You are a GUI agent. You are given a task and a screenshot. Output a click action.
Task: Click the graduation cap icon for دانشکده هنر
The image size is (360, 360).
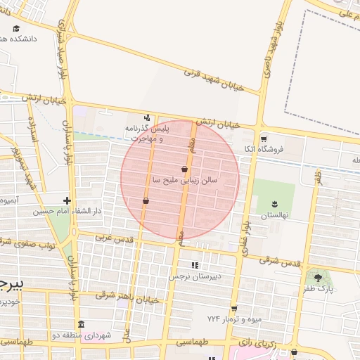(x=16, y=29)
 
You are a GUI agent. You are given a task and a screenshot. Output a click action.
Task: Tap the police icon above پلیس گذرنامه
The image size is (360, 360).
(x=147, y=118)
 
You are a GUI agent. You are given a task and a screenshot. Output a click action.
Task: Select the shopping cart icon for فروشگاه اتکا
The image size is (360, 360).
(x=264, y=139)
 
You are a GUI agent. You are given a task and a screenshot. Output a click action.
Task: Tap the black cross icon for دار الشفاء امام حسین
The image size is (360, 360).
(x=67, y=200)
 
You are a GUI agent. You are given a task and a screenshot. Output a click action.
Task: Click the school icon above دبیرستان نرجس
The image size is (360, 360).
(x=195, y=265)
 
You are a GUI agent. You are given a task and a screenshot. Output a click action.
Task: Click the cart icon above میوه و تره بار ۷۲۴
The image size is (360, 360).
(x=233, y=308)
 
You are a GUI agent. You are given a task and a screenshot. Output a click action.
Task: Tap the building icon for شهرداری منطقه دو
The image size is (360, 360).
(x=81, y=325)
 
